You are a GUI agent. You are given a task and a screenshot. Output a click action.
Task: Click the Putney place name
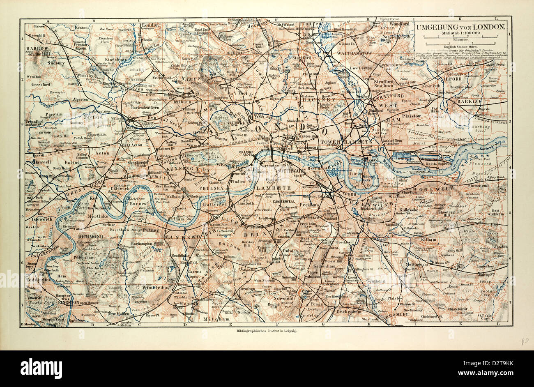click(151, 230)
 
